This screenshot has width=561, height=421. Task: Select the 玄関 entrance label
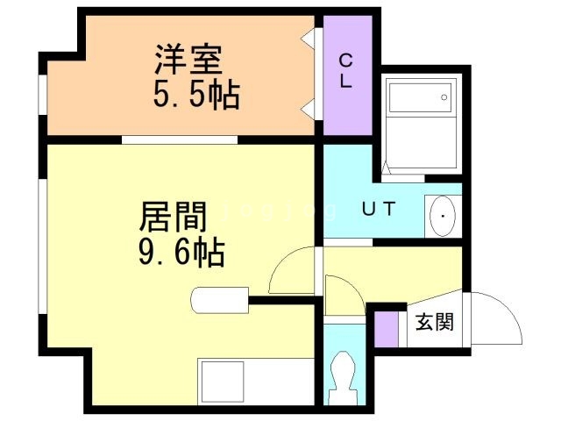(434, 322)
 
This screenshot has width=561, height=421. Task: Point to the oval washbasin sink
(443, 216)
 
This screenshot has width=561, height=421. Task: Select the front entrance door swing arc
(496, 318)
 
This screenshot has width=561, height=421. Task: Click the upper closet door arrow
(309, 39)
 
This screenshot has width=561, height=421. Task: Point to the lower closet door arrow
(309, 109)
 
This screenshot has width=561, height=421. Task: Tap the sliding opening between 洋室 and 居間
(180, 139)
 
